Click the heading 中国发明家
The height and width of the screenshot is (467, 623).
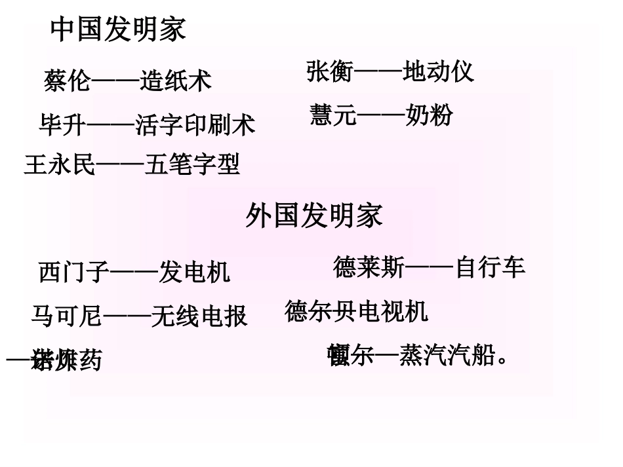tap(118, 29)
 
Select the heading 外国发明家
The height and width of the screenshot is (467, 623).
tap(314, 215)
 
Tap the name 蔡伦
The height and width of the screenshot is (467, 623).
tap(68, 81)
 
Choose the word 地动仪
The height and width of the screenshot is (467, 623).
tap(439, 71)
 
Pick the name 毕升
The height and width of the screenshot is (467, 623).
tap(62, 124)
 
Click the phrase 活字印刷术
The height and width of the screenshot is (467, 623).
tap(195, 124)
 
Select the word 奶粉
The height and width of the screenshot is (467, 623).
tap(430, 115)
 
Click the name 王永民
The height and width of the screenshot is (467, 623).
tap(60, 164)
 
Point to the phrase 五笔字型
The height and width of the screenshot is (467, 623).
tap(192, 164)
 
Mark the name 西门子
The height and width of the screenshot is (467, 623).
tap(74, 271)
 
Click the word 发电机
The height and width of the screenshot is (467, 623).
tap(195, 271)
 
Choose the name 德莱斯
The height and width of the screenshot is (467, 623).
tap(369, 267)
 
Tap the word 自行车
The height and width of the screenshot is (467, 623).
tap(490, 267)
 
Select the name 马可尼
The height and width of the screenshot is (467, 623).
tap(67, 316)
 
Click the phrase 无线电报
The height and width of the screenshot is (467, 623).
tap(199, 316)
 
